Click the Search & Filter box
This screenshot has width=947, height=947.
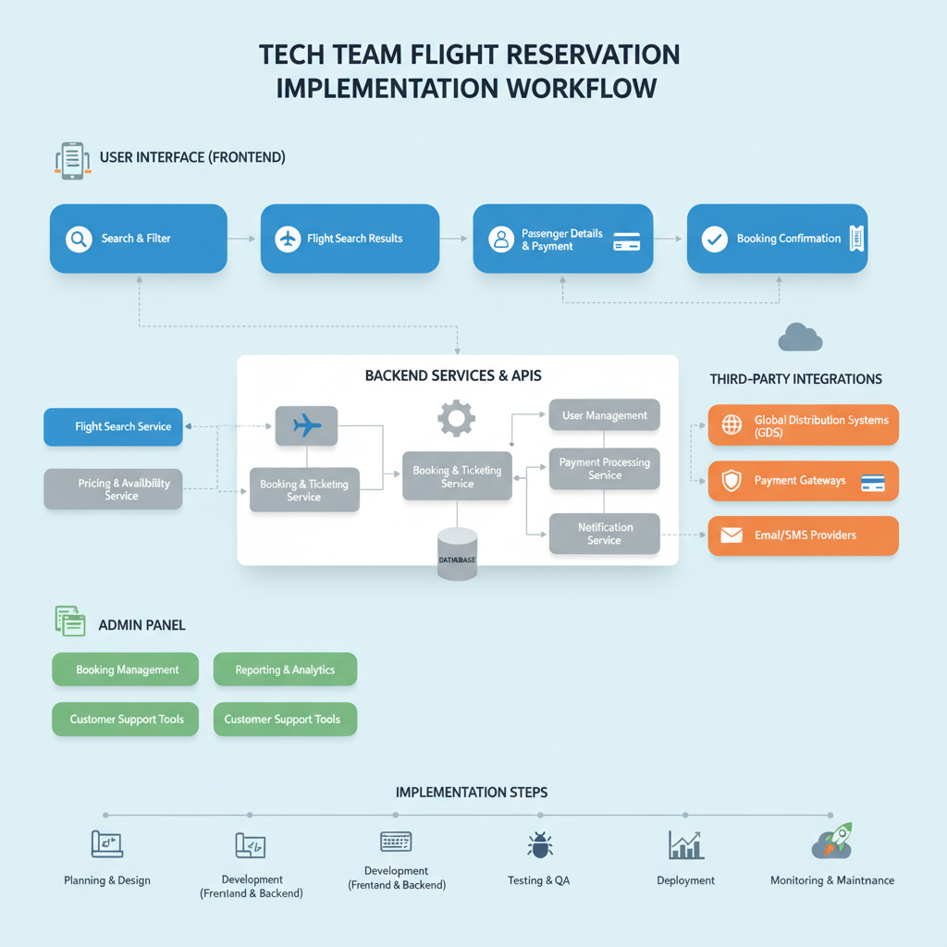tap(138, 239)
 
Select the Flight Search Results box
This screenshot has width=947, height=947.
tap(350, 239)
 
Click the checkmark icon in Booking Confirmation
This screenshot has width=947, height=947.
tap(714, 239)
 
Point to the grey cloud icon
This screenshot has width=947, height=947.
tap(800, 338)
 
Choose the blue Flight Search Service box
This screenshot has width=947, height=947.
tap(113, 427)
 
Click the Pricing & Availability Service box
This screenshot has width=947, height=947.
tap(113, 489)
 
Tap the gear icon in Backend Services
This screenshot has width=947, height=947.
tap(456, 419)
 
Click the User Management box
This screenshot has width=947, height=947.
tap(604, 415)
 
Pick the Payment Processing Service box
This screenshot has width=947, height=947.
tap(604, 469)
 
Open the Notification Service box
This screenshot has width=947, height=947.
tap(604, 534)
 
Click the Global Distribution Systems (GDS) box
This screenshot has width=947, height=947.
tap(803, 425)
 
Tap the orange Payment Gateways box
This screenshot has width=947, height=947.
tap(803, 481)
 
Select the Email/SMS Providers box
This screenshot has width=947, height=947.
tap(803, 535)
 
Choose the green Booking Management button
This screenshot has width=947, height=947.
tap(126, 670)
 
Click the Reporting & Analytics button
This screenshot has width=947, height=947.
tap(285, 670)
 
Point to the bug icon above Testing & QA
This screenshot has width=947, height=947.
tap(539, 844)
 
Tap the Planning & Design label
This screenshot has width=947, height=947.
tap(107, 880)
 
